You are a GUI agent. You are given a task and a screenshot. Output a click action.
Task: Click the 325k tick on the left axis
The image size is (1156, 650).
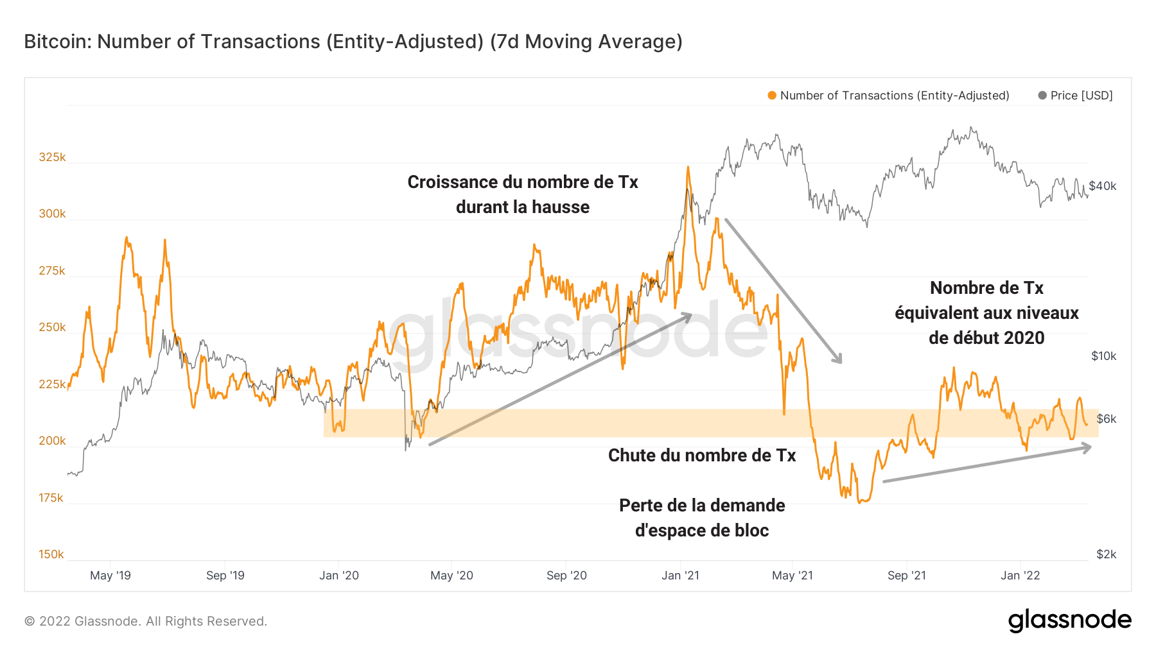pyautogui.click(x=52, y=157)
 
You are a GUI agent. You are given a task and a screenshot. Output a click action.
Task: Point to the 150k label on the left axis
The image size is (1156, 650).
pyautogui.click(x=51, y=554)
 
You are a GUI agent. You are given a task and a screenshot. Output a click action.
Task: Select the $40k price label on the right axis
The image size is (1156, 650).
pyautogui.click(x=1103, y=186)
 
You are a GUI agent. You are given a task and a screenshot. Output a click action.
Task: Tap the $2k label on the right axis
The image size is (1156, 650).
pyautogui.click(x=1106, y=554)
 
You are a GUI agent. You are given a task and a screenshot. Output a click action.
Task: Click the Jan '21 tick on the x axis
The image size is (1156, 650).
pyautogui.click(x=680, y=576)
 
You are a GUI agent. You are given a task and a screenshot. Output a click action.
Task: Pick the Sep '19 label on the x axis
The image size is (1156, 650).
pyautogui.click(x=225, y=576)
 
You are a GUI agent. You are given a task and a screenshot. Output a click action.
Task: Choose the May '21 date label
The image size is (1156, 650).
pyautogui.click(x=792, y=576)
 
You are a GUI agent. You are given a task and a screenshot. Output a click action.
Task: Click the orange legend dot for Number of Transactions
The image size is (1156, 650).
pyautogui.click(x=772, y=96)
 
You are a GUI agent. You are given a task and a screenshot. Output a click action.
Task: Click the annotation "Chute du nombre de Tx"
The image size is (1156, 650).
pyautogui.click(x=702, y=456)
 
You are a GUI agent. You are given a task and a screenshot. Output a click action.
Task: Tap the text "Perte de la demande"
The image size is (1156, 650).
pyautogui.click(x=702, y=506)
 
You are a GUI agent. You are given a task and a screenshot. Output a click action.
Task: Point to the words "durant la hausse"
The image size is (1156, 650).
pyautogui.click(x=523, y=207)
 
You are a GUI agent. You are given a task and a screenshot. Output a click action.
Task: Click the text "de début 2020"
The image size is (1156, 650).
pyautogui.click(x=986, y=338)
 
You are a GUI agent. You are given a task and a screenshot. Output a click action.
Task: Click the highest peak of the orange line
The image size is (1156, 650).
pyautogui.click(x=688, y=167)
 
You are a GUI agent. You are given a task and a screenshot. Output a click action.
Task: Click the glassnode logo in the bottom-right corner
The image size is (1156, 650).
pyautogui.click(x=1069, y=620)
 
